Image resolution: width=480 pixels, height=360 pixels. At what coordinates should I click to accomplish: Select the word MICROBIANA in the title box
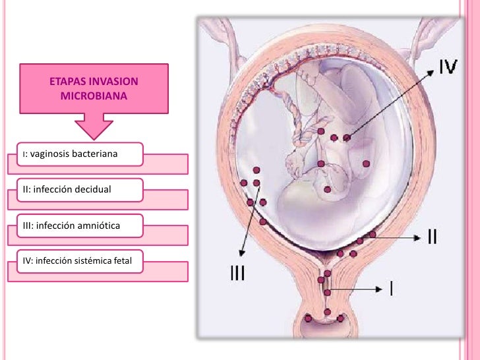tap(93, 96)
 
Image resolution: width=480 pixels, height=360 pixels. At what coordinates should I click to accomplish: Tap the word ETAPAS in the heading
tap(65, 82)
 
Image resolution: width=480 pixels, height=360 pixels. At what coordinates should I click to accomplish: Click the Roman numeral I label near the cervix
tap(392, 288)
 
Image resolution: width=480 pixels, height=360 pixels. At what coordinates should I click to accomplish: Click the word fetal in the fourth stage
tap(123, 261)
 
